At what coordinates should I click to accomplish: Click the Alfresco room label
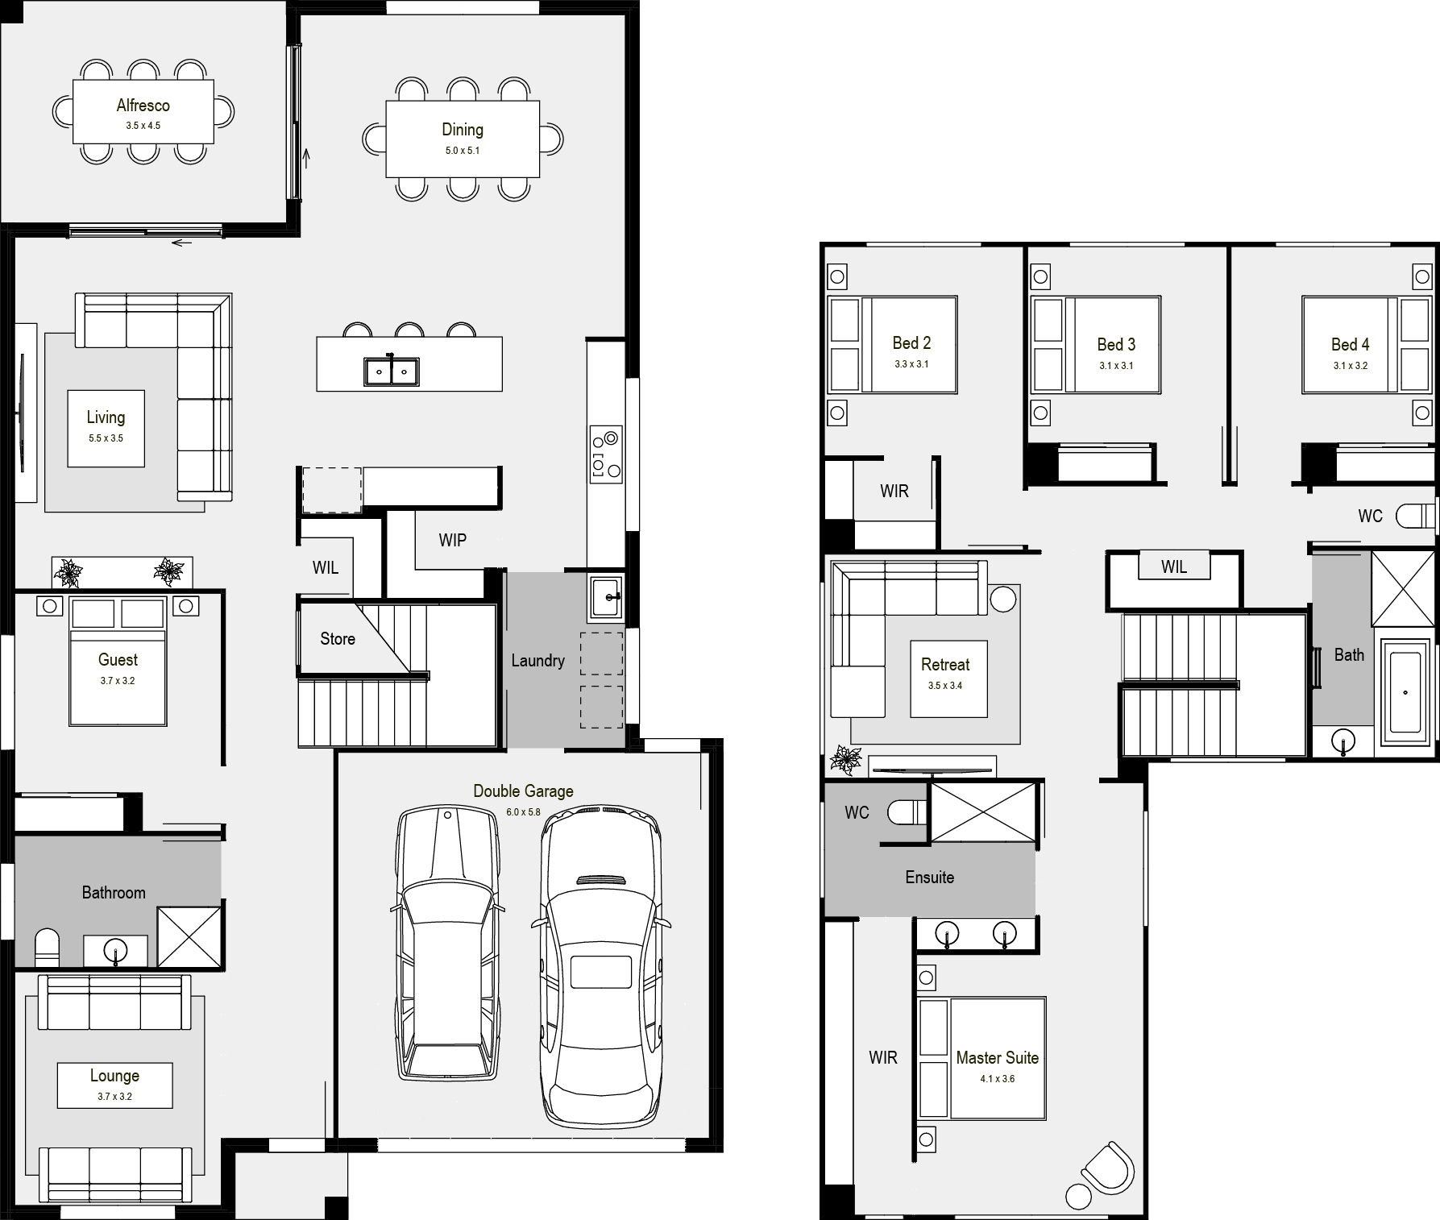click(143, 105)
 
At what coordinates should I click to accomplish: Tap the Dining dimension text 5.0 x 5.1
click(463, 151)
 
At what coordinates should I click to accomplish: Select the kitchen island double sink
click(391, 371)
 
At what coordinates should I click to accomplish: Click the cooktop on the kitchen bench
click(605, 454)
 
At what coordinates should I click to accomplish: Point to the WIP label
click(452, 540)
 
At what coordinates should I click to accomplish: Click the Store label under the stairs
click(337, 639)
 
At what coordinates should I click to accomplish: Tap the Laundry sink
click(604, 598)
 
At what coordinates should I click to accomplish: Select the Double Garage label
click(523, 791)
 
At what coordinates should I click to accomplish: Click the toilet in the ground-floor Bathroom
click(48, 948)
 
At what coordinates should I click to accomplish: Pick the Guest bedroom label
click(118, 660)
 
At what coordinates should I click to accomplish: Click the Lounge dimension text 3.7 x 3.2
click(114, 1097)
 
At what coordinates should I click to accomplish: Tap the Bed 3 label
click(1116, 345)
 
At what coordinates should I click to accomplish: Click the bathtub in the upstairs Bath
click(1405, 692)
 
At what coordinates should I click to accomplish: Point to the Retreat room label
click(945, 665)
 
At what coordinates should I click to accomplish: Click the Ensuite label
click(929, 878)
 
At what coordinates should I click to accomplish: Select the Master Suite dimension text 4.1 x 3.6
click(997, 1079)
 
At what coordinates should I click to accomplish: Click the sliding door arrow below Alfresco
click(182, 243)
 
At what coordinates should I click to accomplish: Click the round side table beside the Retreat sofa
click(1003, 599)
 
